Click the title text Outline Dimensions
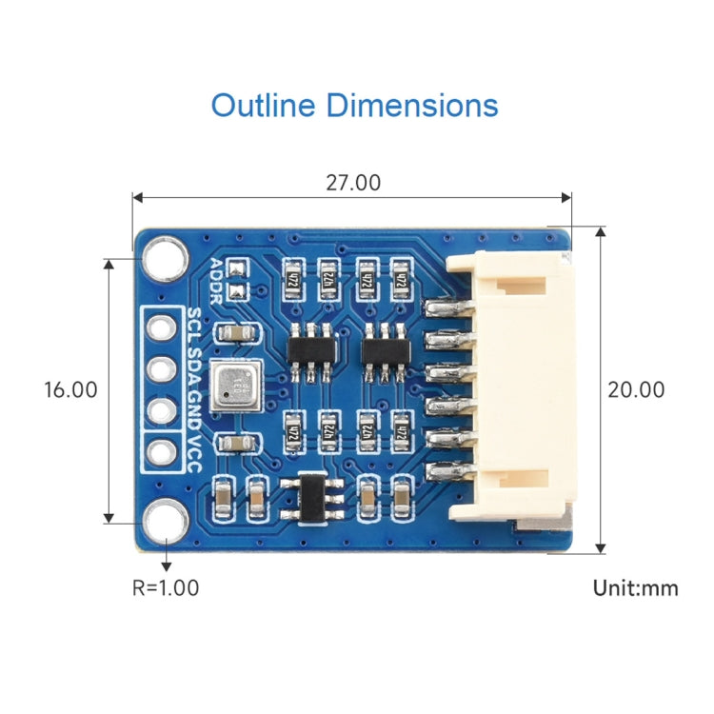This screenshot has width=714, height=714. pyautogui.click(x=354, y=105)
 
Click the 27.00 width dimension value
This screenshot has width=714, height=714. pyautogui.click(x=352, y=183)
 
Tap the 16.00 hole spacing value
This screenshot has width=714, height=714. pyautogui.click(x=70, y=389)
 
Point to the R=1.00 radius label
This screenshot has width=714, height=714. pyautogui.click(x=166, y=588)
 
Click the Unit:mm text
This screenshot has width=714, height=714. pyautogui.click(x=636, y=588)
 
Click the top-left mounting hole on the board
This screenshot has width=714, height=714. pyautogui.click(x=165, y=256)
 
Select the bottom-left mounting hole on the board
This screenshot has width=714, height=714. pyautogui.click(x=165, y=521)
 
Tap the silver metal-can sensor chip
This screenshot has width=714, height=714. pyautogui.click(x=235, y=386)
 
